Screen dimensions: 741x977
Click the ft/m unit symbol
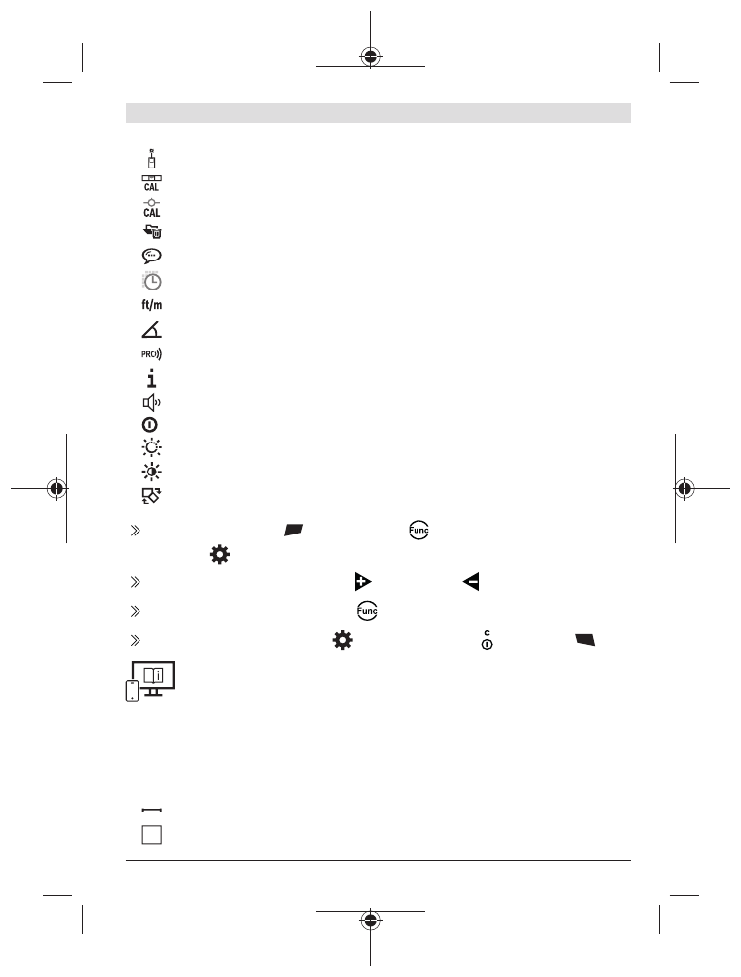[x=151, y=305]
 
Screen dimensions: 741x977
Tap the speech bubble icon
[x=151, y=256]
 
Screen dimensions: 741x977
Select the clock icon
[x=151, y=281]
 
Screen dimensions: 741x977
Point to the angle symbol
[x=151, y=329]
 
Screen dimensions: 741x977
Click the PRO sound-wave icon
[x=151, y=354]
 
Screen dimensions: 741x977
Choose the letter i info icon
[x=151, y=379]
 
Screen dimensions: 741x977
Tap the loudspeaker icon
[x=151, y=403]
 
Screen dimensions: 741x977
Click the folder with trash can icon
[x=151, y=231]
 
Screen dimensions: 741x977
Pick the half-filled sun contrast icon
[x=151, y=472]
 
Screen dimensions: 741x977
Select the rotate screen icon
[x=151, y=496]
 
